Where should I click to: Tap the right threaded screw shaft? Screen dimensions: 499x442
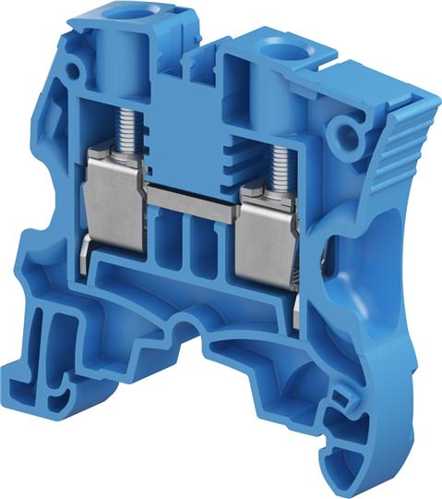279,162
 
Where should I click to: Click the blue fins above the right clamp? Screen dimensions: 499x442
247,157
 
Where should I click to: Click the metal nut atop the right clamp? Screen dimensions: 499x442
275,189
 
